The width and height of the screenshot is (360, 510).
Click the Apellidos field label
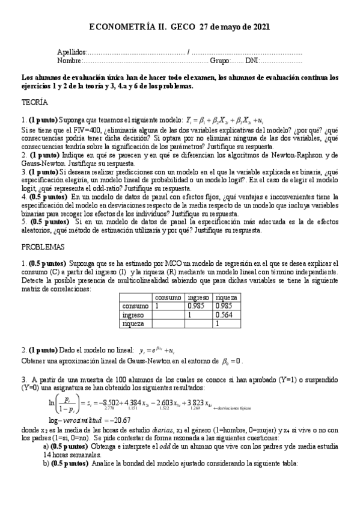pos(72,53)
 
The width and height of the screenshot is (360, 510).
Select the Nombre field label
pos(69,61)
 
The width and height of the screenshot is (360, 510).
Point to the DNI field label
pos(253,61)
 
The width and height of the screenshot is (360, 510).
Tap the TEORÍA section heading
pos(34,103)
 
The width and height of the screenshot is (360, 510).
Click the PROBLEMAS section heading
pos(43,247)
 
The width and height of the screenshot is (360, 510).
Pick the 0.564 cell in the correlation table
pos(226,315)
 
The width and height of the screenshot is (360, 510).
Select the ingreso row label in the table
pos(133,315)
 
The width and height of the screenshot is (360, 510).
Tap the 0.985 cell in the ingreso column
pos(197,306)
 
